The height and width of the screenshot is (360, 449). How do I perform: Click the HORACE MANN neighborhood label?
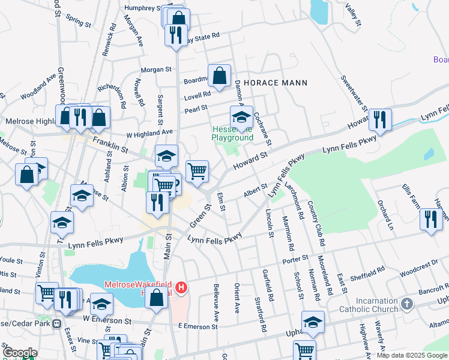pyautogui.click(x=275, y=83)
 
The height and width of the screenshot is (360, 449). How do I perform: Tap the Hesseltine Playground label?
pyautogui.click(x=232, y=133)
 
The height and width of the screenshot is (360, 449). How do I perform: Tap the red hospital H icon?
pyautogui.click(x=181, y=289)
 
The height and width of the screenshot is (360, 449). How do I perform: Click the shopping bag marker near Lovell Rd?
pyautogui.click(x=220, y=76)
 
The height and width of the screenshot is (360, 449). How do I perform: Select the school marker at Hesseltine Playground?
pyautogui.click(x=241, y=116)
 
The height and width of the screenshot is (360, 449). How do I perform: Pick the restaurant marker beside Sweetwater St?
pyautogui.click(x=379, y=119)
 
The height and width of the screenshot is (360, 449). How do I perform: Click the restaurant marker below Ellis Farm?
pyautogui.click(x=430, y=219)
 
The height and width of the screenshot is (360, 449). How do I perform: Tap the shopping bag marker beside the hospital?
pyautogui.click(x=157, y=298)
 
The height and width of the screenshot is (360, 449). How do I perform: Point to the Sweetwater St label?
pyautogui.click(x=353, y=93)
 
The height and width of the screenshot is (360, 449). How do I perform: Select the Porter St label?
pyautogui.click(x=295, y=259)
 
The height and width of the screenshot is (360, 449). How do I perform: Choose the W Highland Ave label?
pyautogui.click(x=149, y=131)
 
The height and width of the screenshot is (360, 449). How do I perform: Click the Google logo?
pyautogui.click(x=20, y=352)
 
